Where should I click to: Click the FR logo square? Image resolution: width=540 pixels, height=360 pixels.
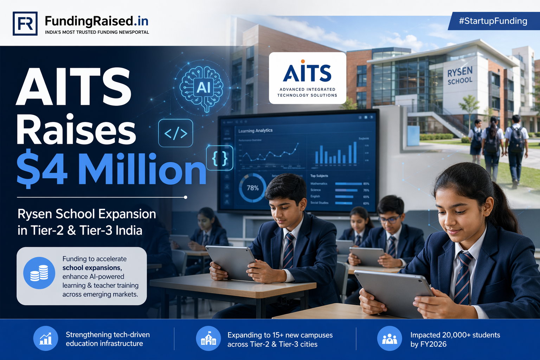coord(25,24)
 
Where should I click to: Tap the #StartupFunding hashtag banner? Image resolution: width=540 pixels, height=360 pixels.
coord(493,21)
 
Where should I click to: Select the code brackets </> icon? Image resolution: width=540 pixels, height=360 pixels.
coord(176,133)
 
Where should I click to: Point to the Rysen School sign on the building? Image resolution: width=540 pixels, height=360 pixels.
coord(460,76)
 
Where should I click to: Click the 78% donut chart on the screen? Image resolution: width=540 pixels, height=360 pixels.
coord(252,188)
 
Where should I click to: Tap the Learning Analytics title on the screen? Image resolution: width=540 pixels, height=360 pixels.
coord(256,130)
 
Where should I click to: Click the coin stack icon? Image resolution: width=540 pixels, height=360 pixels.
coord(39,273)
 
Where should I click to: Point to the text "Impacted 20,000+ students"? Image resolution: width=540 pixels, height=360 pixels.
coord(455,335)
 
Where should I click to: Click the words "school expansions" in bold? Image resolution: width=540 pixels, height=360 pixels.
coord(92,268)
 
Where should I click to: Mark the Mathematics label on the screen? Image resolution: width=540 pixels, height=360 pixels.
coord(319,184)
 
